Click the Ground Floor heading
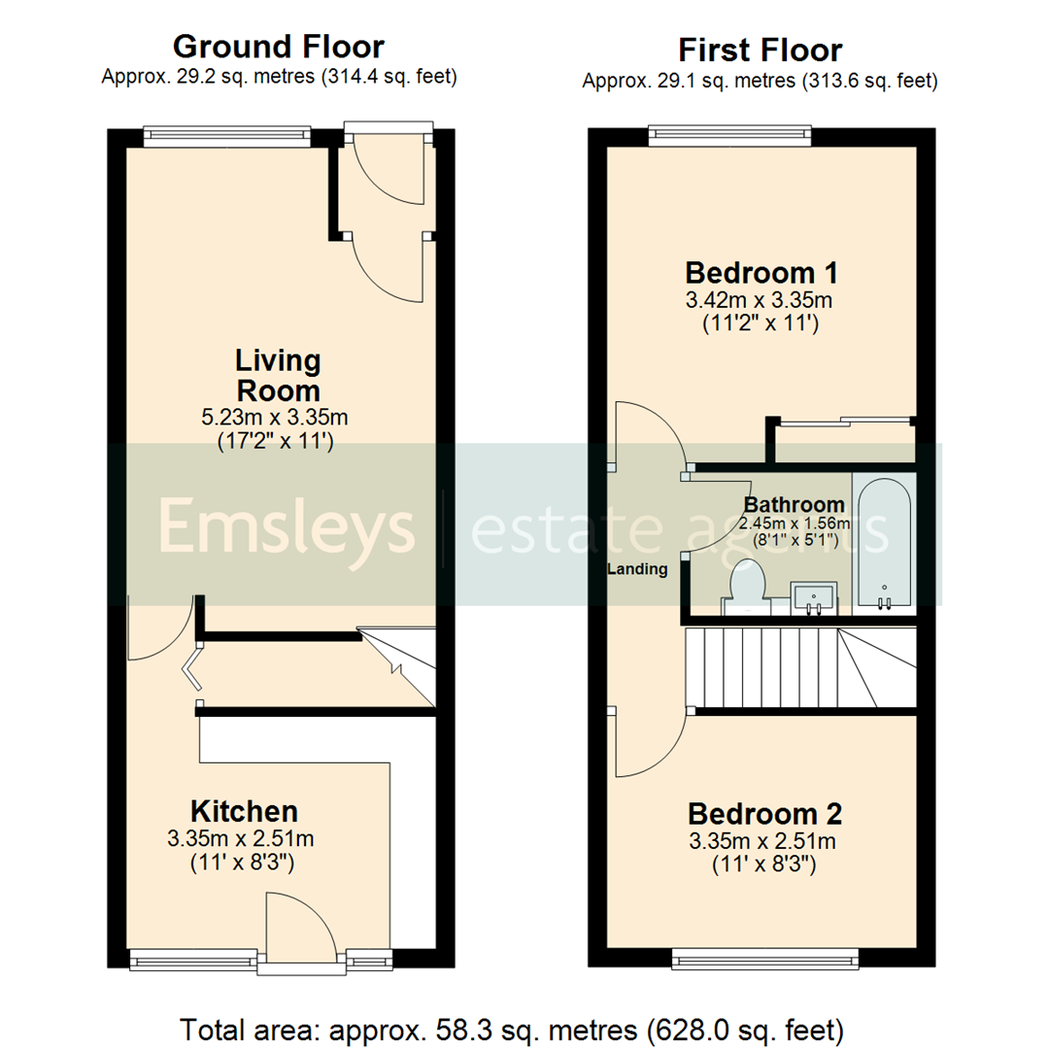[x=278, y=46]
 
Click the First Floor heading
[x=760, y=49]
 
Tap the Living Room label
[x=278, y=375]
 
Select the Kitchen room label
[x=244, y=810]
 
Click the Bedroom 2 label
[x=764, y=812]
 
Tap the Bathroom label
[x=794, y=505]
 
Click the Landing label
[x=638, y=569]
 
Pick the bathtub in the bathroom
[x=883, y=544]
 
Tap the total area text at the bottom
[x=524, y=1027]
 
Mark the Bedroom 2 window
[x=765, y=960]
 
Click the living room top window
[x=226, y=136]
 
